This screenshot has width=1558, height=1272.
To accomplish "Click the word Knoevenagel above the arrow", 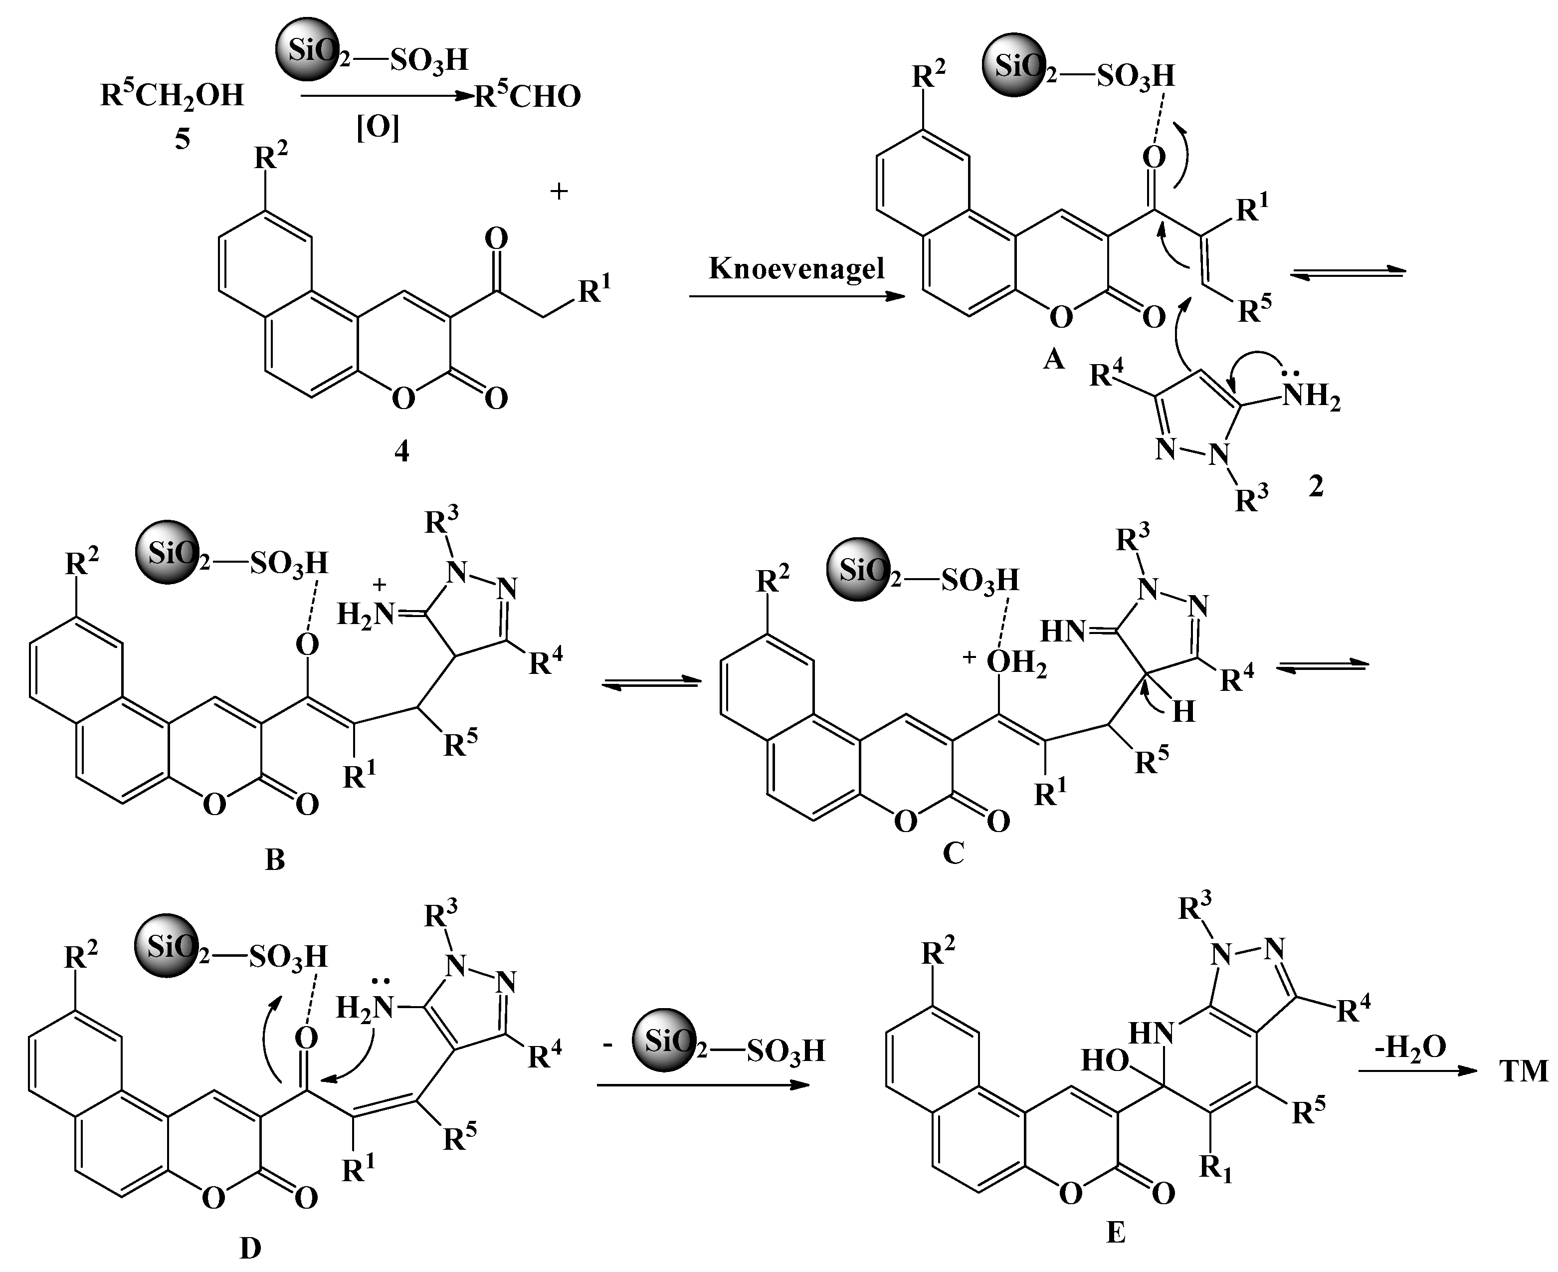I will coord(796,268).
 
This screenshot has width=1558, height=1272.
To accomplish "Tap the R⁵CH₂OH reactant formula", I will coord(172,95).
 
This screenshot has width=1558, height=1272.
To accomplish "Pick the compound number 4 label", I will coord(401,451).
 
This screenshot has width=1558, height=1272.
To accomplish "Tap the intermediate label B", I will coord(275,859).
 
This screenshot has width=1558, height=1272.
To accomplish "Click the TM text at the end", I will coord(1524,1071).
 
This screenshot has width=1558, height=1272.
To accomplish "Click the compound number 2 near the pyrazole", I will coord(1316,486).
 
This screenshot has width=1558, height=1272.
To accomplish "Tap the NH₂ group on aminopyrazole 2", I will coord(1311,397).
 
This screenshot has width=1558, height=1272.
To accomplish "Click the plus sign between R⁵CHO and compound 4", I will coord(559,192).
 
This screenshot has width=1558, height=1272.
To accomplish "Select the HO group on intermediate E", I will coord(1104,1060).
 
